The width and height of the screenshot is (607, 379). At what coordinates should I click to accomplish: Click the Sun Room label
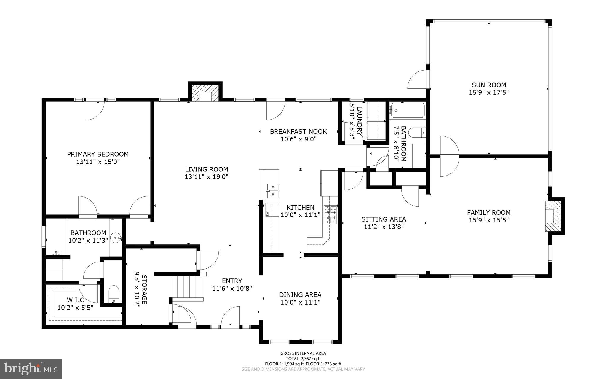tap(489, 85)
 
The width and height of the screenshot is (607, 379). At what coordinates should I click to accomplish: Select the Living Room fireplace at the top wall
tap(205, 93)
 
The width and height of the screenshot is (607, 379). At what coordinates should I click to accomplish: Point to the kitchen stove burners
tap(331, 215)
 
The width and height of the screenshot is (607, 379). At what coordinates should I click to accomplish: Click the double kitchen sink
tap(272, 191)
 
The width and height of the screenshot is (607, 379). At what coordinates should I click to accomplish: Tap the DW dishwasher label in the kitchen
tap(267, 213)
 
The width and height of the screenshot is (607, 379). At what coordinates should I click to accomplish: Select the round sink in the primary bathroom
tap(115, 238)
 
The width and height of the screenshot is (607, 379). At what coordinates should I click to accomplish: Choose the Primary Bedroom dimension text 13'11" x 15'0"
tap(98, 162)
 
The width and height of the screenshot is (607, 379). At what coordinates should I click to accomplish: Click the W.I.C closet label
tap(75, 300)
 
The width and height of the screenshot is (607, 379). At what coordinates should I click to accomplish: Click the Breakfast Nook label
tap(298, 131)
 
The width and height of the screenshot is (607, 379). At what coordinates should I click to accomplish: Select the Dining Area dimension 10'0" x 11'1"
tap(300, 302)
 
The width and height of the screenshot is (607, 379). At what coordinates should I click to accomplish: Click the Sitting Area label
tap(384, 219)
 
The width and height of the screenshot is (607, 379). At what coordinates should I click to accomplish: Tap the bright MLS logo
tap(31, 369)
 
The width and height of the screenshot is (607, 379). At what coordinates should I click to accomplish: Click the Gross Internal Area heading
tap(303, 353)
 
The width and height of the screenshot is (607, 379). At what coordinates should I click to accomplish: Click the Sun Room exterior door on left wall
tap(418, 79)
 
